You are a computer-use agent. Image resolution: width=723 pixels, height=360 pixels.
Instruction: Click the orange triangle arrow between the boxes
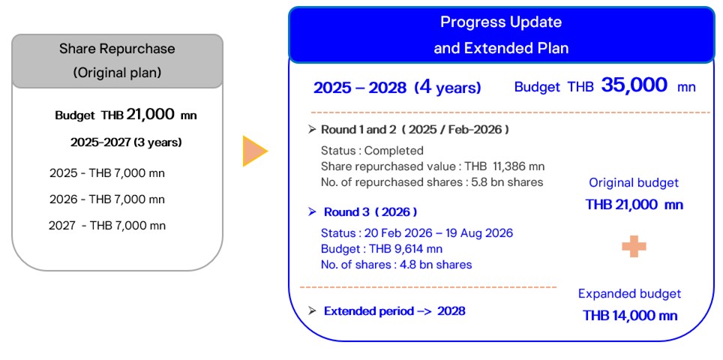[x=253, y=152]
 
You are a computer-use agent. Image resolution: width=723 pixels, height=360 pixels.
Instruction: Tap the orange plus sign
[x=634, y=247]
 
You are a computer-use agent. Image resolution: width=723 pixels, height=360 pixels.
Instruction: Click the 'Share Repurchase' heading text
[x=117, y=49]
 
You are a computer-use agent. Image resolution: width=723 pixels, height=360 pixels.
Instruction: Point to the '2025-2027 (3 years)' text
[x=126, y=142]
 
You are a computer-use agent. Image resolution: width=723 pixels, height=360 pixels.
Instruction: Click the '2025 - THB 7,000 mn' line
[x=107, y=173]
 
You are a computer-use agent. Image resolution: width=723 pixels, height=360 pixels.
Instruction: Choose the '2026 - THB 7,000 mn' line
[x=107, y=199]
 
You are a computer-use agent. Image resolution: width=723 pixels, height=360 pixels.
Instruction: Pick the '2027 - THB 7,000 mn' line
[x=107, y=225]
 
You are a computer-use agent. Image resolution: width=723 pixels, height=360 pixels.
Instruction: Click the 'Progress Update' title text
[x=500, y=22]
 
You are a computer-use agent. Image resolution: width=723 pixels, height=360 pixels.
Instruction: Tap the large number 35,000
[x=634, y=85]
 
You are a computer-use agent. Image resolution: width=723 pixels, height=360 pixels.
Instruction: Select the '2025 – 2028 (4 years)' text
[x=397, y=88]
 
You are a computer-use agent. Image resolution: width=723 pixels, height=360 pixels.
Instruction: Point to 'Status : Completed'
[x=372, y=151]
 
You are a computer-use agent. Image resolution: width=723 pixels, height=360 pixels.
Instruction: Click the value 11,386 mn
[x=518, y=166]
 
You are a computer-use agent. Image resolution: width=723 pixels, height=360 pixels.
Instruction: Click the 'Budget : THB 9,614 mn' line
[x=381, y=249]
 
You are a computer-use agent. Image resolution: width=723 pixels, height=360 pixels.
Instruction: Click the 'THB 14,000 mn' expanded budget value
[x=630, y=316]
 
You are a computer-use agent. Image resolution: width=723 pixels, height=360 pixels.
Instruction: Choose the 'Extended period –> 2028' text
[x=394, y=311]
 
